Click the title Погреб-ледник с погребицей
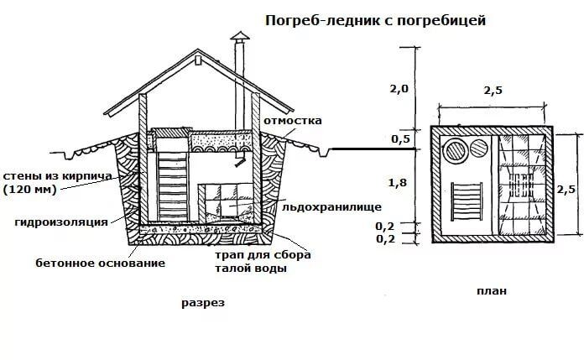click(375, 18)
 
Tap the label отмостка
click(292, 120)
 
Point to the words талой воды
click(251, 269)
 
